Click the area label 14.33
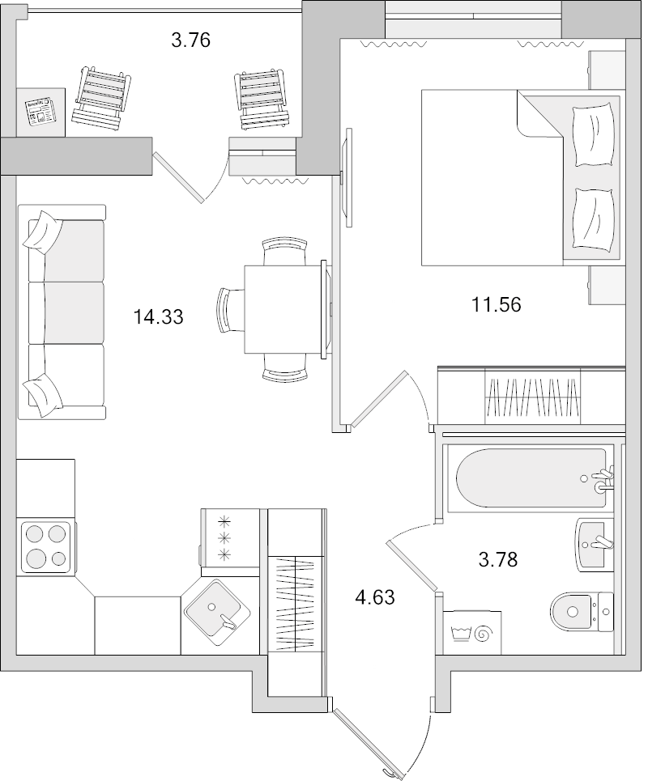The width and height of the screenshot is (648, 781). click(x=159, y=317)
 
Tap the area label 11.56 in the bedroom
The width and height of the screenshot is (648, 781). click(x=496, y=304)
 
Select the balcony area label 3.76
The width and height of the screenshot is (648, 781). click(x=190, y=40)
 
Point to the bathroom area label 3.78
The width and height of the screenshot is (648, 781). click(x=497, y=558)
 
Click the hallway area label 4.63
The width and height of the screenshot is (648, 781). click(x=376, y=598)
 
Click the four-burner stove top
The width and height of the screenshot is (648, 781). click(x=45, y=545)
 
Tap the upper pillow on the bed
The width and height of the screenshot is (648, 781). click(x=592, y=135)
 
